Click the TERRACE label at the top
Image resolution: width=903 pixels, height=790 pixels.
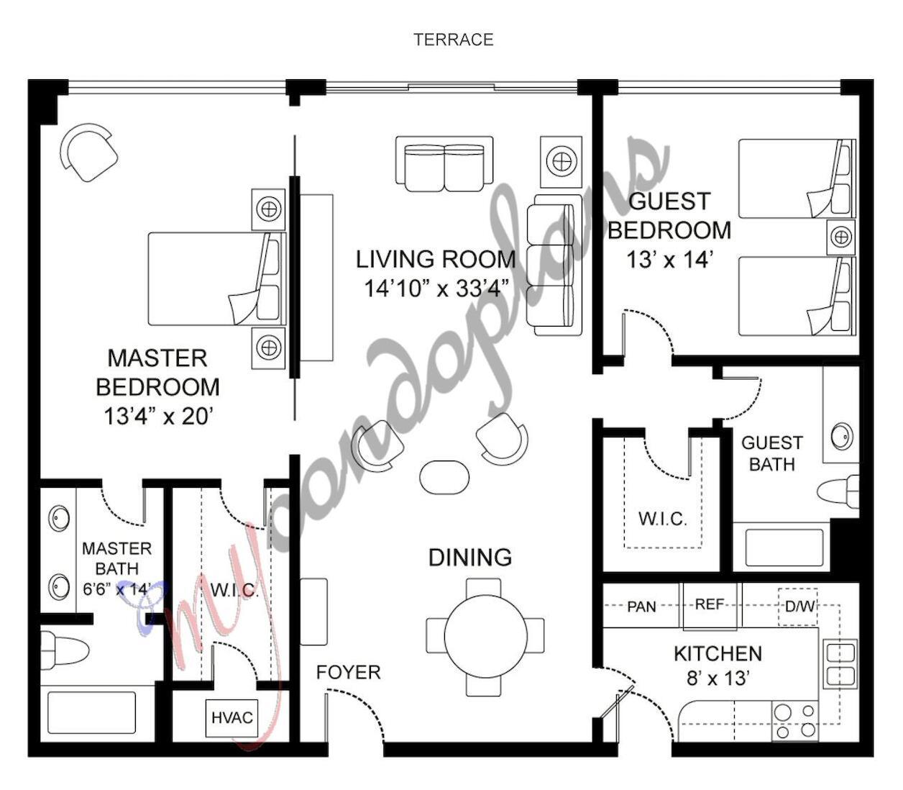pos(453,40)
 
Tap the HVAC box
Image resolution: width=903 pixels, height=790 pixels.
pos(232,717)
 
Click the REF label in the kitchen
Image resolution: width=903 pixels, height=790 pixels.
pos(709,604)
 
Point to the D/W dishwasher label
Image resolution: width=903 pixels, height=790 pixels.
pos(799,607)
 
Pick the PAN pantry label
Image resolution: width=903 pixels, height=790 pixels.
pos(641,607)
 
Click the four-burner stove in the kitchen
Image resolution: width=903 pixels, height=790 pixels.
pos(794,721)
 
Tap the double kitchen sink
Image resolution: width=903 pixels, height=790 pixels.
pos(840,663)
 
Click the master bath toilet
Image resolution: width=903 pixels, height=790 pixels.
pos(64,650)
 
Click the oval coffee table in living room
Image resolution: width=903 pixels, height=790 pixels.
pos(444,476)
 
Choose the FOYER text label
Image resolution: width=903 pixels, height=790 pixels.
pos(348,672)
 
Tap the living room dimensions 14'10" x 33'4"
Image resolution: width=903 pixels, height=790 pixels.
pos(436,288)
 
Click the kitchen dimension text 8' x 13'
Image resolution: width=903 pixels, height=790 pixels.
pos(718,678)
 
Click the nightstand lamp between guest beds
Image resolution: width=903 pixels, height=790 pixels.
pos(840,237)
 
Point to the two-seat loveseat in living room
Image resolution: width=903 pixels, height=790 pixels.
pos(444,165)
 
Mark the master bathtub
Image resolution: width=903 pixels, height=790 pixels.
pos(91,712)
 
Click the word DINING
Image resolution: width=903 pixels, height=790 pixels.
pos(469,557)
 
